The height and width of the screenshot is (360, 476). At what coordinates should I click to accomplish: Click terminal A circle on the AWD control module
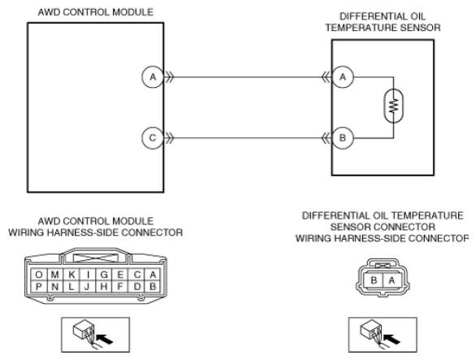pos(153,77)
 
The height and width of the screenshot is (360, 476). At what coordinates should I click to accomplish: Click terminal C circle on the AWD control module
pos(153,138)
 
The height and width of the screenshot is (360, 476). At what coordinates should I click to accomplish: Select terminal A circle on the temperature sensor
pos(343,77)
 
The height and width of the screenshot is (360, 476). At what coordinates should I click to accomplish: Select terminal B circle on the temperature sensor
pos(343,138)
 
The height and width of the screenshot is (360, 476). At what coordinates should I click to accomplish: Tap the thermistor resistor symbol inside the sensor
pos(394,106)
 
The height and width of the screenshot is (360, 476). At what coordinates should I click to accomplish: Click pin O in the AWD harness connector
pos(38,275)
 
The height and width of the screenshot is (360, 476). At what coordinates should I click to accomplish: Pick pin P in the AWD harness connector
pos(38,287)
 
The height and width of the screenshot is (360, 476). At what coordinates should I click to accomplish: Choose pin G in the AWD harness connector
pos(104,275)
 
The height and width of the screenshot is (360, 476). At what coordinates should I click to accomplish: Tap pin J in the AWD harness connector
pos(88,287)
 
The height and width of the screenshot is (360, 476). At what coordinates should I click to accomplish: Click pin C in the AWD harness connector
pos(137,275)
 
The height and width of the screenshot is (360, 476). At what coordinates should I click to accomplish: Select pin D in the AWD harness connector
pos(137,287)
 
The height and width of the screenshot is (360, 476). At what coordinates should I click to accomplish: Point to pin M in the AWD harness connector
pos(55,275)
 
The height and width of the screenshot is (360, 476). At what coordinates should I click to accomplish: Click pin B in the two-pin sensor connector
pos(374,280)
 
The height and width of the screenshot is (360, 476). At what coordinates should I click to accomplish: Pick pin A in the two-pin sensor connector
pos(392,280)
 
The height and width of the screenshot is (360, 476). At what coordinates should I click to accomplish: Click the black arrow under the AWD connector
pos(104,339)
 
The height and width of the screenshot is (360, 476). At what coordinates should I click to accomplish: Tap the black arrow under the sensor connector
pos(392,339)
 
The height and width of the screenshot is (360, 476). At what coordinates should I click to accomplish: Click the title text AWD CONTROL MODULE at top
pos(96,12)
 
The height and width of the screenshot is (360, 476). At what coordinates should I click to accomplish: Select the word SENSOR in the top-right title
pos(420,28)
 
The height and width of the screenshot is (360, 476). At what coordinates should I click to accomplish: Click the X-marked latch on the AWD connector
pos(96,258)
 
